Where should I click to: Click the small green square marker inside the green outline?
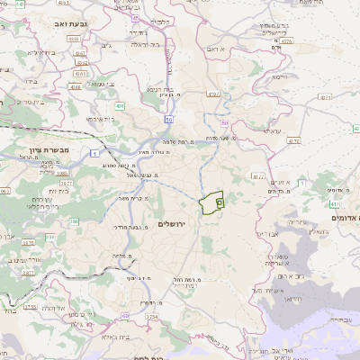[220, 204]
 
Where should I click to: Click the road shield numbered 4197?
[213, 93]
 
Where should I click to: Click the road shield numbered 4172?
[259, 176]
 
